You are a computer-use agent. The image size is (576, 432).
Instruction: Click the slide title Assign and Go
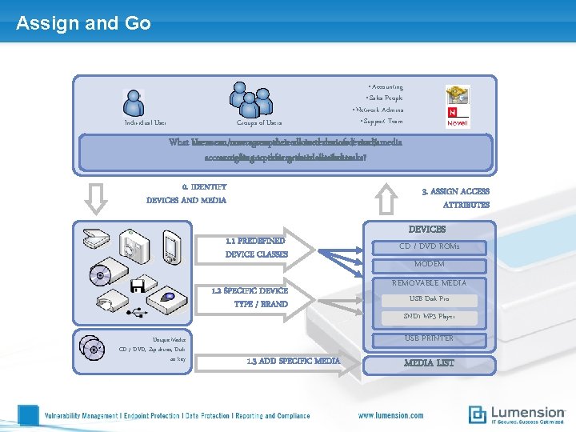click(83, 23)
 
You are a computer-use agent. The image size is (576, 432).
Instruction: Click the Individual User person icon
click(134, 102)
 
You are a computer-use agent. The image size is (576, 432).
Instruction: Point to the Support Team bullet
click(382, 121)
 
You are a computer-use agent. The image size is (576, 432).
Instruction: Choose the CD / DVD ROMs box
click(430, 246)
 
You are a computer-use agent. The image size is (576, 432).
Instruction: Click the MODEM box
click(430, 264)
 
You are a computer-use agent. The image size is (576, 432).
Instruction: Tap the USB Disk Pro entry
click(430, 299)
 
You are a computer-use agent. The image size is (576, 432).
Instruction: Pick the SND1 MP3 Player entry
click(430, 317)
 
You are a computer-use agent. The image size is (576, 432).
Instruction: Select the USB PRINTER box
click(430, 338)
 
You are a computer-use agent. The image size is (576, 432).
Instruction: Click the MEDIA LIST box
click(430, 363)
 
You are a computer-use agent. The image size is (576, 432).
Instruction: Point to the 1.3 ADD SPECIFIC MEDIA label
click(295, 361)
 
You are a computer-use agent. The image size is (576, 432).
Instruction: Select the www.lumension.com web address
click(390, 415)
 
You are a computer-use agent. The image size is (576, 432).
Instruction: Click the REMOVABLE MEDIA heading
click(430, 282)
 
